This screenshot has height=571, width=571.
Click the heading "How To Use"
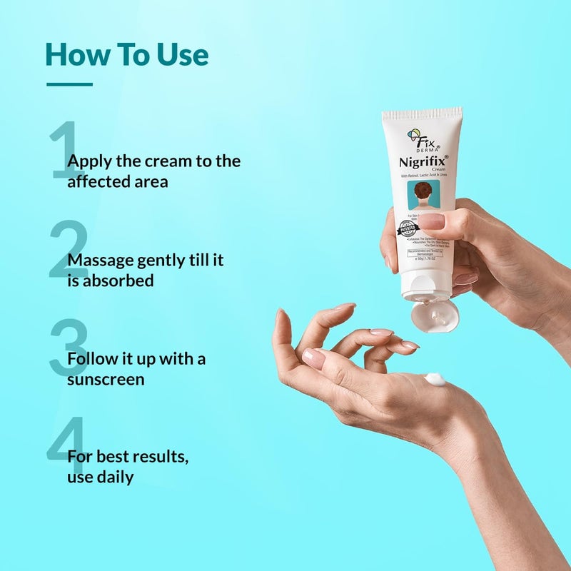point(126,55)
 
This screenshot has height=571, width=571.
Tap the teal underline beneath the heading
point(69,84)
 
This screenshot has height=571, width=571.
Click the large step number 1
point(66,151)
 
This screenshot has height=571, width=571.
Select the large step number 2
point(69,250)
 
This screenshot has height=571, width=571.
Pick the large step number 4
point(66,447)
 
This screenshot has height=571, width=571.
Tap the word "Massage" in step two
point(100,260)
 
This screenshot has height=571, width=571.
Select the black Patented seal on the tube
point(408,228)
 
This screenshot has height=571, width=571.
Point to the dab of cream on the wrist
point(435,379)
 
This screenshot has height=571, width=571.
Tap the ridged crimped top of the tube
point(422,114)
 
